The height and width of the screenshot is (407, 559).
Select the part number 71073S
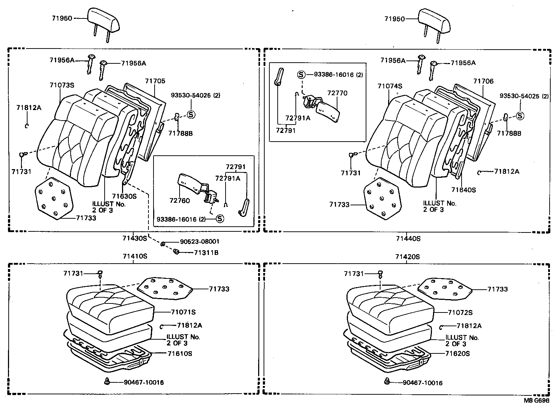coord(62,85)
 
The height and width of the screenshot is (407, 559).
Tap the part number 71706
coord(483,81)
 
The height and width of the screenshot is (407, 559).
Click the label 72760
coord(179,200)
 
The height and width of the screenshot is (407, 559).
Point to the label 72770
coord(337,93)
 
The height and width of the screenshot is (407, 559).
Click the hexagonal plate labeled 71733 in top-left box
coord(54,198)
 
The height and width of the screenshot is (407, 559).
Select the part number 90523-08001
coord(199,242)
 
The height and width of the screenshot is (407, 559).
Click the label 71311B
coord(206,252)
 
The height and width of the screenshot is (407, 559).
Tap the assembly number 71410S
coord(135,256)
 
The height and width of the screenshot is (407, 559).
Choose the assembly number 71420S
coord(407,257)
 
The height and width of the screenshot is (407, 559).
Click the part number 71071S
coord(183,312)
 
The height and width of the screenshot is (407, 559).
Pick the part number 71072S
coord(460,312)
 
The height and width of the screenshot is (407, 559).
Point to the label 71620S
coord(457,353)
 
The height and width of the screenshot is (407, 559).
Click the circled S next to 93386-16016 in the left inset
coord(220,219)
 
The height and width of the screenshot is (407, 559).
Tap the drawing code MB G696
coord(537,400)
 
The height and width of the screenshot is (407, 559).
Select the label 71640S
coord(463,190)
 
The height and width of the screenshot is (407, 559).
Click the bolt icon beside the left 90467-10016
coord(107,381)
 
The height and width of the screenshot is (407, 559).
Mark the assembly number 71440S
coord(408,238)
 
